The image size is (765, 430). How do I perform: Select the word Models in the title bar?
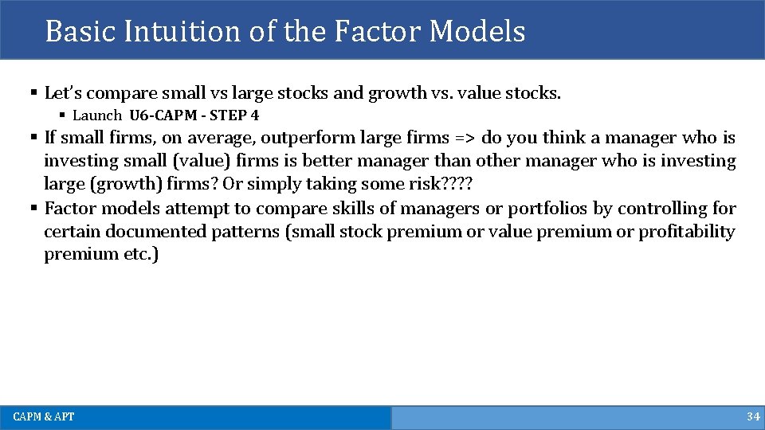pyautogui.click(x=477, y=31)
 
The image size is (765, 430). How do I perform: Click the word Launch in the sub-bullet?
pyautogui.click(x=97, y=115)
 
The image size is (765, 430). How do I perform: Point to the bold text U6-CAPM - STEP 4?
pyautogui.click(x=194, y=115)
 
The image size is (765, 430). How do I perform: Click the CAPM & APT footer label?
pyautogui.click(x=44, y=416)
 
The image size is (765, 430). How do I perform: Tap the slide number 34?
pyautogui.click(x=753, y=416)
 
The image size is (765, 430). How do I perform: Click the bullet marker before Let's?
pyautogui.click(x=33, y=93)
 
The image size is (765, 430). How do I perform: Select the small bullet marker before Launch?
pyautogui.click(x=62, y=115)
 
